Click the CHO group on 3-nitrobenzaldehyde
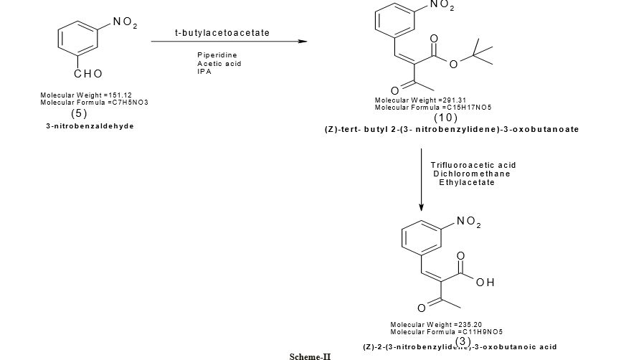click(88, 74)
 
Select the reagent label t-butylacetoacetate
click(222, 33)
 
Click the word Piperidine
click(217, 55)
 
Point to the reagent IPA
click(204, 71)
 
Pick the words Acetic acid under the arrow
click(219, 63)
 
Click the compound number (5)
click(79, 113)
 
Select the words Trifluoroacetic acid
click(473, 165)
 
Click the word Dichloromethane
click(472, 174)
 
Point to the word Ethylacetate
click(467, 182)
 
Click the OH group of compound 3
click(485, 283)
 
